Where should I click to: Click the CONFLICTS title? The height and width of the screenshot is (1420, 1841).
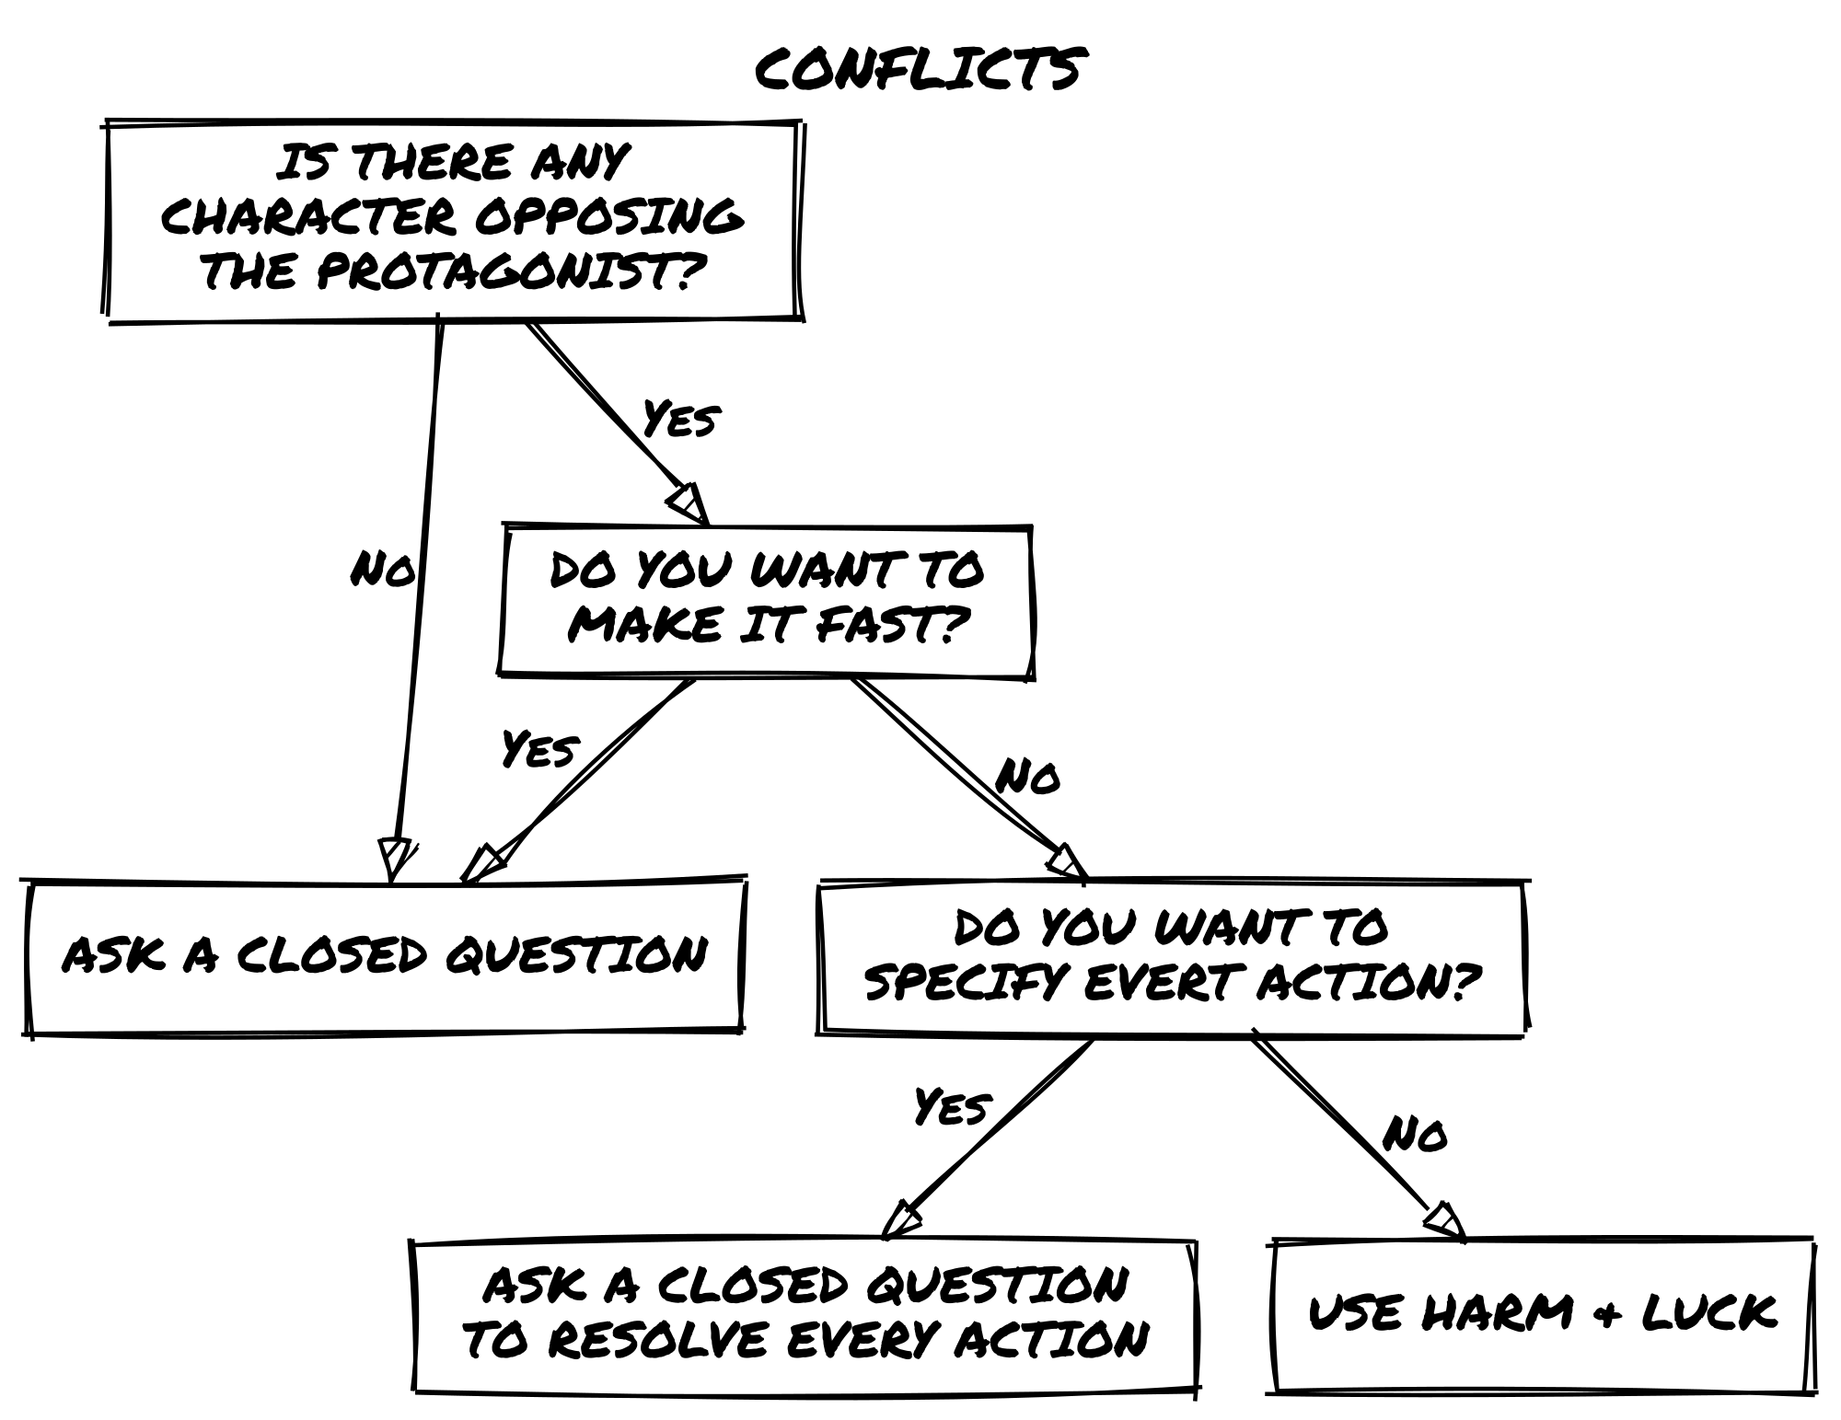(919, 69)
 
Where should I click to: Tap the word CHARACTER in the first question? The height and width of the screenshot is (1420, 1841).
(308, 217)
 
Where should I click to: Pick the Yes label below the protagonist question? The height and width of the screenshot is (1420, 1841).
(680, 418)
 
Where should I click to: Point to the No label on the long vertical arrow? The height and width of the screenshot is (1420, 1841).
(382, 570)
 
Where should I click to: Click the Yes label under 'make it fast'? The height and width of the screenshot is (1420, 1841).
(539, 748)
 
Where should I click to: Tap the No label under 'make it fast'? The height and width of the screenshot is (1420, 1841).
(1027, 777)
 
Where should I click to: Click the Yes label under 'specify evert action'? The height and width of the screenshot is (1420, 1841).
(952, 1105)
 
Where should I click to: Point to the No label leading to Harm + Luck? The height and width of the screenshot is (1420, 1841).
(1415, 1134)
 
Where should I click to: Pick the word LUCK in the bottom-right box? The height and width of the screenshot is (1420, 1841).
(1709, 1311)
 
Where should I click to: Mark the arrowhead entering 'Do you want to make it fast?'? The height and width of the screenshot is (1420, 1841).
(689, 503)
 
